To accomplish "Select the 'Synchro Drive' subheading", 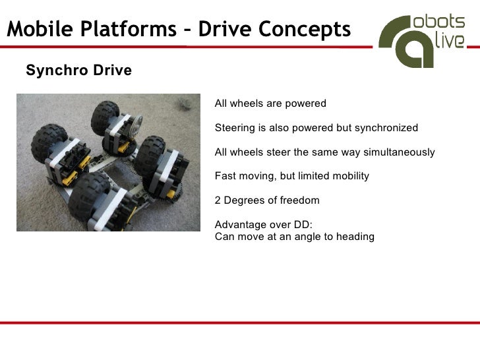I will coord(78,71).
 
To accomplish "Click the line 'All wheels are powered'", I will coord(270,104).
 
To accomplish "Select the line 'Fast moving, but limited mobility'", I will coord(292,176).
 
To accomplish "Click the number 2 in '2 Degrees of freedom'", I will coord(218,200).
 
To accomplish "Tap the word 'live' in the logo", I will coord(450,42).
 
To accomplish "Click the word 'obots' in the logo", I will coord(438,20).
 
